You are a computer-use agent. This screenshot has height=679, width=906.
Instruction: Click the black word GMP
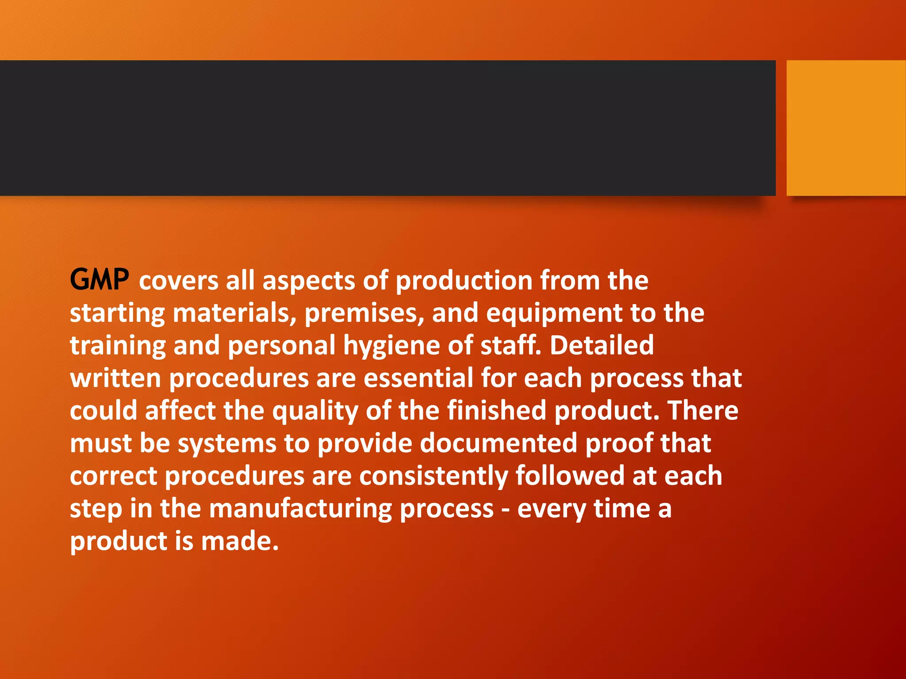coord(100,280)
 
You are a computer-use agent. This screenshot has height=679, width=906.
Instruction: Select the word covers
coord(179,281)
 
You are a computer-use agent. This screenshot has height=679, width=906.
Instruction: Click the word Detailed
coord(602,345)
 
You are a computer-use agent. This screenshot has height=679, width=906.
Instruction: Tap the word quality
coord(315,411)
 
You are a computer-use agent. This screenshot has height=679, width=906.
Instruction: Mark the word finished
coord(497,410)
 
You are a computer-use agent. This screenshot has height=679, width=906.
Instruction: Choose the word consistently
coord(434,476)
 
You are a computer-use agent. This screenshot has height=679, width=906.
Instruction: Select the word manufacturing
coord(300,509)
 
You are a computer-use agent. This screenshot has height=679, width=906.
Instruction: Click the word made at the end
coord(240,541)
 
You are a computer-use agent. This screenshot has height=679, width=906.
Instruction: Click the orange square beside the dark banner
coord(846,128)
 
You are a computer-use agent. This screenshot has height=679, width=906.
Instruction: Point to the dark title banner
coord(388,128)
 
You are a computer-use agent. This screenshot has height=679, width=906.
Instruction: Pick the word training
coord(118,346)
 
